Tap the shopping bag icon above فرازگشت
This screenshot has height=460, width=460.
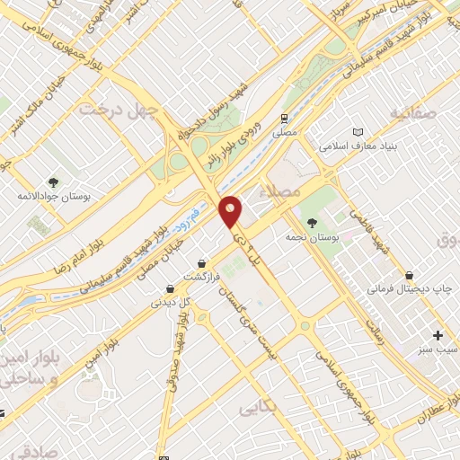202,263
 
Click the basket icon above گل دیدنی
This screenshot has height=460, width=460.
170,288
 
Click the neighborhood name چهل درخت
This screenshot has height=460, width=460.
118,110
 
